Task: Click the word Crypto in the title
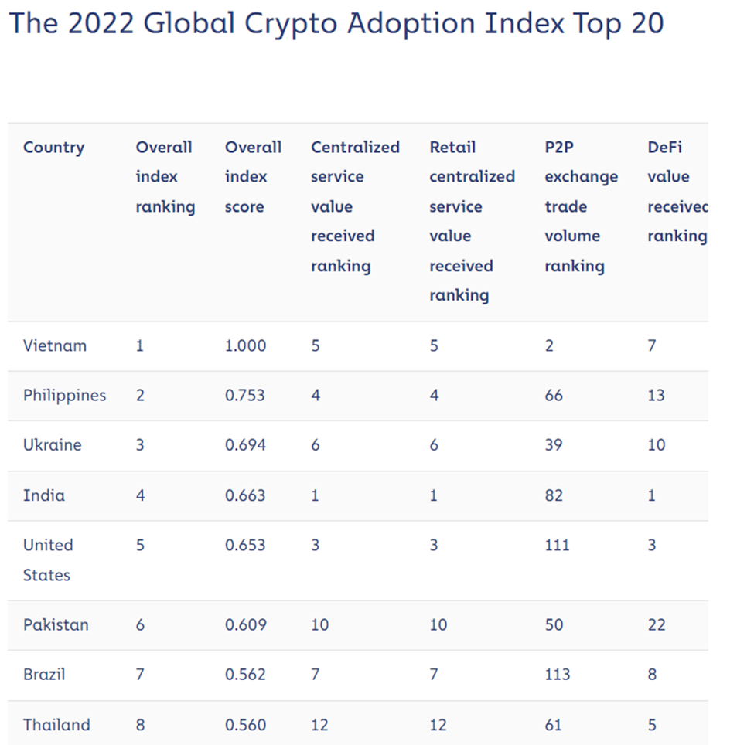[291, 24]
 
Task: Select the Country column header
[53, 148]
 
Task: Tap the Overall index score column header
[253, 177]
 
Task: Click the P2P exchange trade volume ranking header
[581, 206]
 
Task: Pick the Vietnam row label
[55, 345]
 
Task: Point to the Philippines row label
[64, 395]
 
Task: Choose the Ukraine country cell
[52, 445]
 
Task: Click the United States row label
[48, 560]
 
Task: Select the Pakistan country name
[56, 624]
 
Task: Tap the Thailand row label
[56, 725]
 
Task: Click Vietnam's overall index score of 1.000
[245, 345]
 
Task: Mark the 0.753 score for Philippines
[245, 395]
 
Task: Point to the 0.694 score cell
[245, 445]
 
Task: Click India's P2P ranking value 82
[554, 495]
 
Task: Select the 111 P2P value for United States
[557, 545]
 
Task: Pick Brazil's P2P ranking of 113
[557, 675]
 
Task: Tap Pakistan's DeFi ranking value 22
[657, 624]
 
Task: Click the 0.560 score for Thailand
[245, 725]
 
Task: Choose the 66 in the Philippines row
[554, 395]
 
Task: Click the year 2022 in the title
[101, 24]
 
